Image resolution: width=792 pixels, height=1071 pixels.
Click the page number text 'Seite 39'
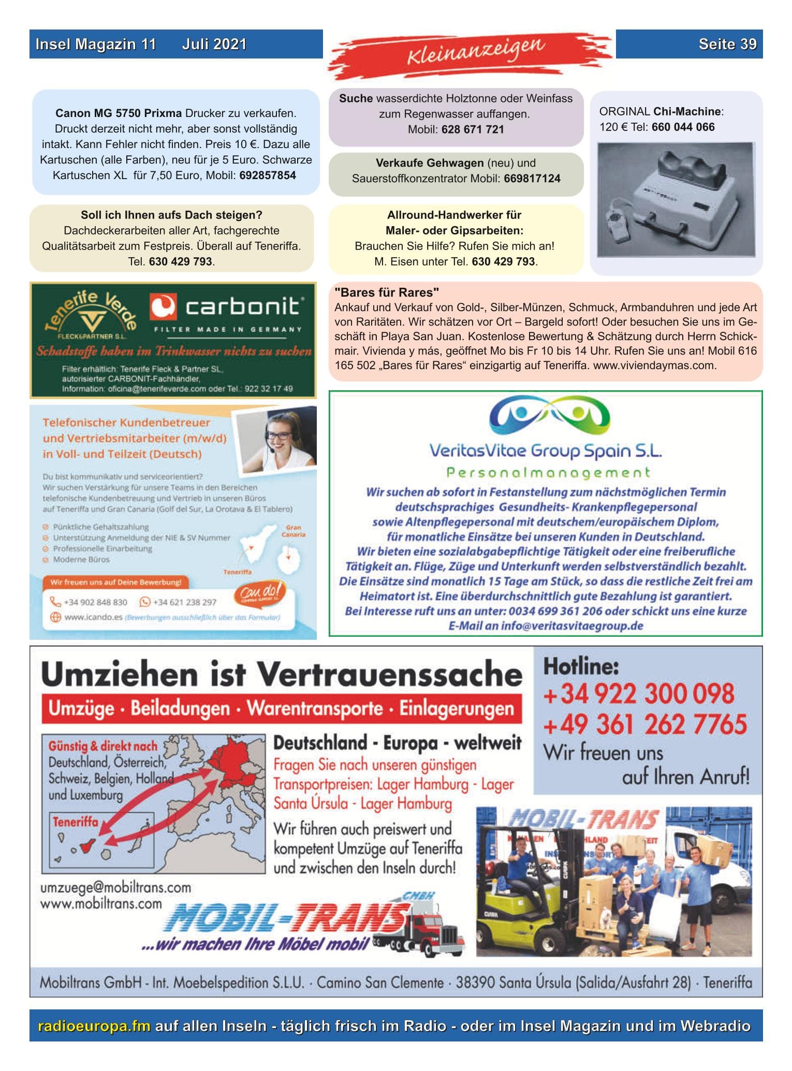click(727, 44)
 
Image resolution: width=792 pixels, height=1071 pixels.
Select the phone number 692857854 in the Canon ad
click(267, 175)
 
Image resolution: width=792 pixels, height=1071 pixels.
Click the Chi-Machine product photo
click(676, 199)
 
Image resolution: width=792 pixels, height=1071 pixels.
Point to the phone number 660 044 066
click(683, 127)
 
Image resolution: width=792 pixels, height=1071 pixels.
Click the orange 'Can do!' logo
click(259, 593)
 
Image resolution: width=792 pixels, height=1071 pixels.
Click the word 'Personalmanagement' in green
click(548, 472)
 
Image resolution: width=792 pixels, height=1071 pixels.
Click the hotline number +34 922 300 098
click(638, 694)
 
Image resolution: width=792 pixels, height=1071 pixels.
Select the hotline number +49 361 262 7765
click(644, 724)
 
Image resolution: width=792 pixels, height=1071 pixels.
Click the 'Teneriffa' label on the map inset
click(75, 822)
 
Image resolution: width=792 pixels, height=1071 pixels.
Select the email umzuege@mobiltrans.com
click(115, 887)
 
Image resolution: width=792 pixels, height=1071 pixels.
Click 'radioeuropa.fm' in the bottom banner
click(94, 1025)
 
